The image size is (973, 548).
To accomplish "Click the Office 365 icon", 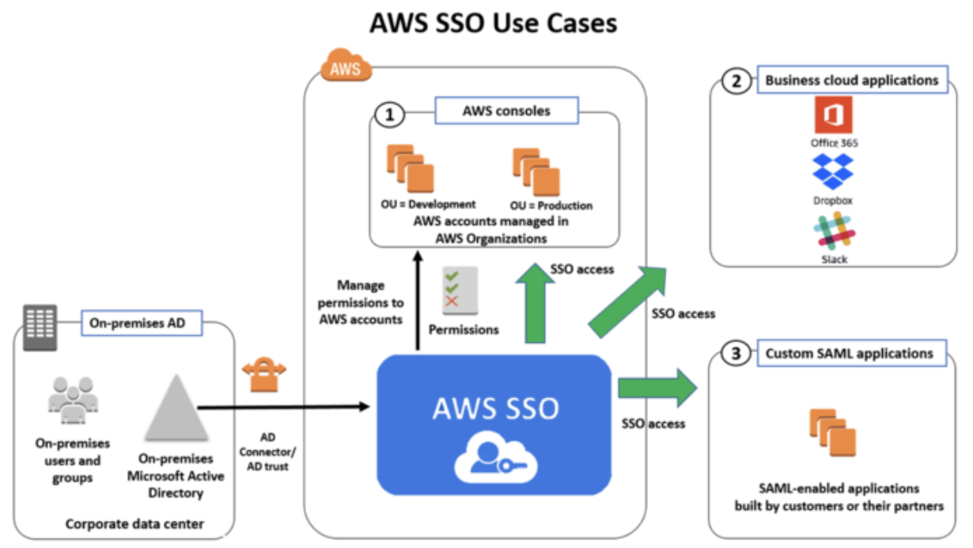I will pyautogui.click(x=834, y=116).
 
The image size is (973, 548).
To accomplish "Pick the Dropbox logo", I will pyautogui.click(x=833, y=171).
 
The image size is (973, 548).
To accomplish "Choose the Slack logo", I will pyautogui.click(x=833, y=230).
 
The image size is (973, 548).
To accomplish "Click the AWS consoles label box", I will pyautogui.click(x=506, y=111).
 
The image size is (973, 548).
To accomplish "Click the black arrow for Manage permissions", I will pyautogui.click(x=418, y=300).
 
